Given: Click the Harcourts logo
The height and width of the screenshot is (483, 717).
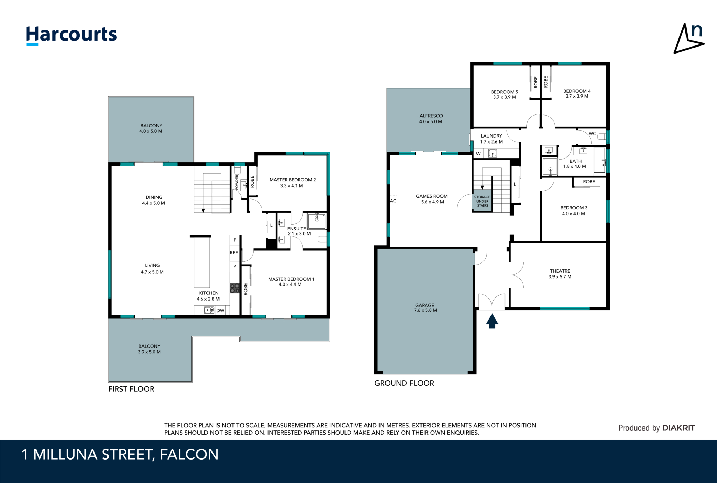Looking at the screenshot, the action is click(71, 35).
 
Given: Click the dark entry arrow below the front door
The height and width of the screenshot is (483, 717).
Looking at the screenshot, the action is click(492, 321).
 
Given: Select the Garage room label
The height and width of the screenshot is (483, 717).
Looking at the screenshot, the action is click(425, 308).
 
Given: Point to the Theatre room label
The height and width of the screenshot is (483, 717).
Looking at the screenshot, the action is click(560, 274).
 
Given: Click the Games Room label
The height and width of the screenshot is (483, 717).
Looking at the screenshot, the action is click(432, 199).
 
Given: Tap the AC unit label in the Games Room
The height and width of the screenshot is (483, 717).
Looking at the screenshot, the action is click(393, 201).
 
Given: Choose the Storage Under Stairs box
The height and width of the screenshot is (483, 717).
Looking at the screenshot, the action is click(482, 201).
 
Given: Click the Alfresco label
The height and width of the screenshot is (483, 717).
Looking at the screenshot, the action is click(431, 119).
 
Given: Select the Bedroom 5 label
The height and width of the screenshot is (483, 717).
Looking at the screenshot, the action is click(504, 94).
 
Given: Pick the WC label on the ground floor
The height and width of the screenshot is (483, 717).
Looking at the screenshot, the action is click(592, 133).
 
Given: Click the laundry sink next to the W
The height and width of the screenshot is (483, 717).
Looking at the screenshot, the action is click(493, 153).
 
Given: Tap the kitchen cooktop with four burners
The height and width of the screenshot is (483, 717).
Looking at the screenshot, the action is click(235, 288).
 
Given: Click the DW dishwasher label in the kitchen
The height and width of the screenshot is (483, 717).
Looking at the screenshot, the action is click(220, 310).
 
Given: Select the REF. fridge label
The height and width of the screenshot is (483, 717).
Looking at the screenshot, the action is click(234, 253).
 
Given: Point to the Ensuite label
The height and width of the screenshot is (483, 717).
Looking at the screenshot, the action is click(297, 229).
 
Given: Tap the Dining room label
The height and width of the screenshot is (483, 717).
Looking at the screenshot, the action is click(154, 200).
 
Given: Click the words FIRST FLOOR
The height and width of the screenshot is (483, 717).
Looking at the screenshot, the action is click(131, 389).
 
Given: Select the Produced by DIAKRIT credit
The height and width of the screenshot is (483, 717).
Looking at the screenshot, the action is click(656, 428).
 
